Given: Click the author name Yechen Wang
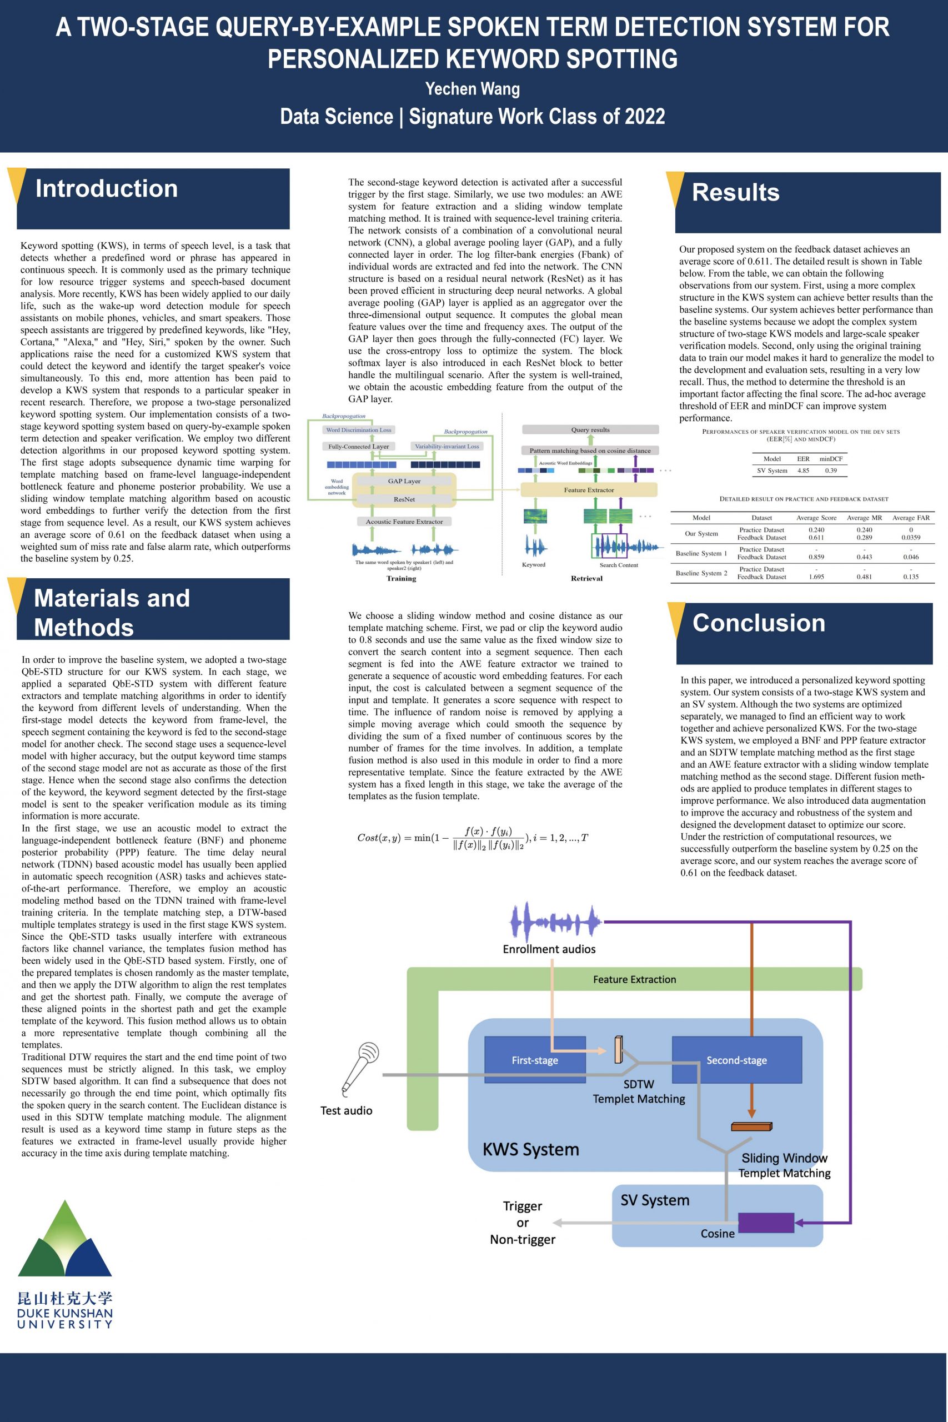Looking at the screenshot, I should [472, 89].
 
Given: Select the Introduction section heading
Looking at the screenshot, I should [107, 189].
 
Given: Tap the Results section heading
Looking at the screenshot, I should [735, 192].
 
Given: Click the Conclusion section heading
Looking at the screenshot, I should [758, 623].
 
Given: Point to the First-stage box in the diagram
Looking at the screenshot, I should [534, 1060].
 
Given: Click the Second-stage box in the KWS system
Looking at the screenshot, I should [736, 1060].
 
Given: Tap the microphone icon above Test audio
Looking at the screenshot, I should [361, 1066].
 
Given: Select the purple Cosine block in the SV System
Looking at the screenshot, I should [765, 1222].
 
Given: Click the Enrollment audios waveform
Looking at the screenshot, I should [555, 922].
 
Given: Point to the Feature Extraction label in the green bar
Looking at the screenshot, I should [634, 979].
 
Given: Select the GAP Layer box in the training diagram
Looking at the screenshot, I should [404, 481].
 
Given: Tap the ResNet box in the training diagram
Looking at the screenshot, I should [404, 499].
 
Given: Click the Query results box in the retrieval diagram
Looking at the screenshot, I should [590, 430].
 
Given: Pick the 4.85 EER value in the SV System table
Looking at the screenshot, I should [803, 470].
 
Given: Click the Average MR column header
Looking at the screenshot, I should [864, 518].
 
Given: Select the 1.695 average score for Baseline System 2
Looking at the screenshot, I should [816, 577].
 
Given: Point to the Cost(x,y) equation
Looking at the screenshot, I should [472, 837].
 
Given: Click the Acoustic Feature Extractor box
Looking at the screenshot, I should [404, 522].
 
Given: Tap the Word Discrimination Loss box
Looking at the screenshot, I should [359, 430].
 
